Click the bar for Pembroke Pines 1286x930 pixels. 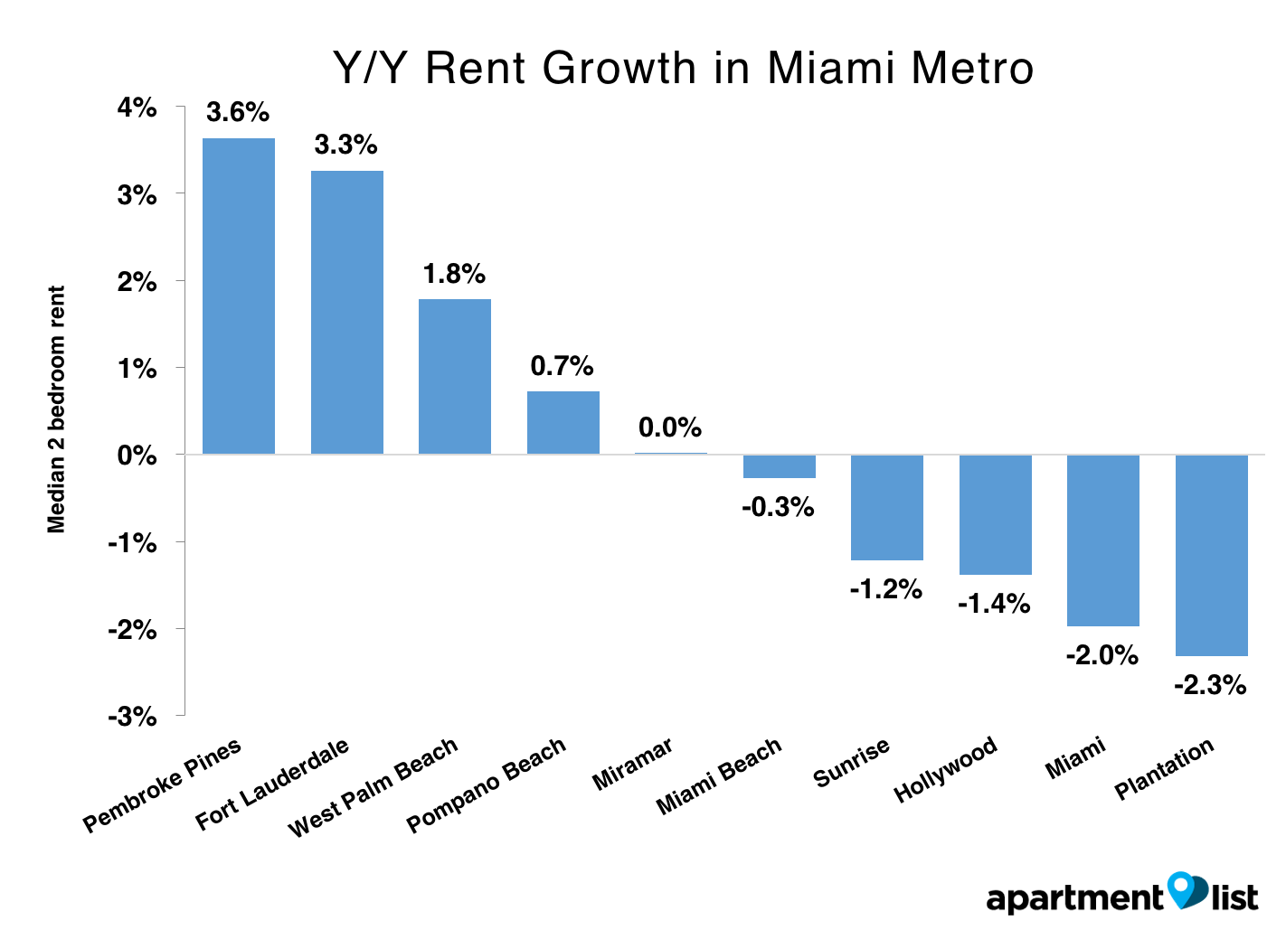tap(239, 296)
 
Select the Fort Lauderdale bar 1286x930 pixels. tap(346, 312)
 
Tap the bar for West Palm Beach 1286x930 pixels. tap(455, 376)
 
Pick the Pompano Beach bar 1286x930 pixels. tap(563, 422)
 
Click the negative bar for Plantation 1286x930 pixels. tap(1211, 555)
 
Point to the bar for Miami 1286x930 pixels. tap(1102, 540)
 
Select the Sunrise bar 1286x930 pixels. tap(886, 507)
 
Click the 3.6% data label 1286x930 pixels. tap(238, 113)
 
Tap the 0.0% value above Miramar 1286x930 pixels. tap(670, 427)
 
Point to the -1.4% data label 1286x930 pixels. tap(994, 604)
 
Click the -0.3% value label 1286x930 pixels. tap(778, 508)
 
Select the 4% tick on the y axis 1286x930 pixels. tap(137, 108)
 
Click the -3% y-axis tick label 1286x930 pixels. tap(133, 718)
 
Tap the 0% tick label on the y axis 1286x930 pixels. tap(137, 456)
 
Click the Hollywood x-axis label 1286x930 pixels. tap(945, 770)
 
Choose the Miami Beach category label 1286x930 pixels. tap(718, 776)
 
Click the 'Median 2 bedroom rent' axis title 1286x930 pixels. tap(56, 409)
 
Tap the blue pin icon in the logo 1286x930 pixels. tap(1182, 889)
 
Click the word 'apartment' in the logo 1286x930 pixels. tap(1074, 899)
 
